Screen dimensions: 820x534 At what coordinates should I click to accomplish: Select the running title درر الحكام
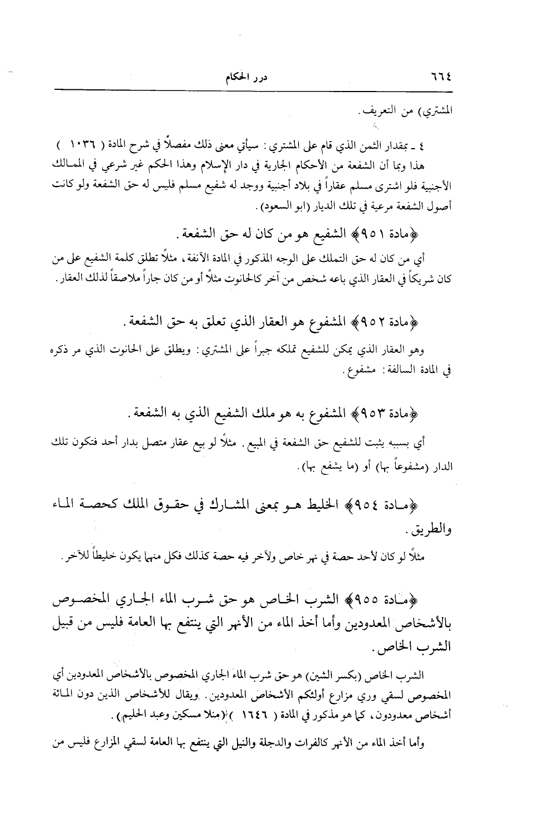pyautogui.click(x=243, y=78)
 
